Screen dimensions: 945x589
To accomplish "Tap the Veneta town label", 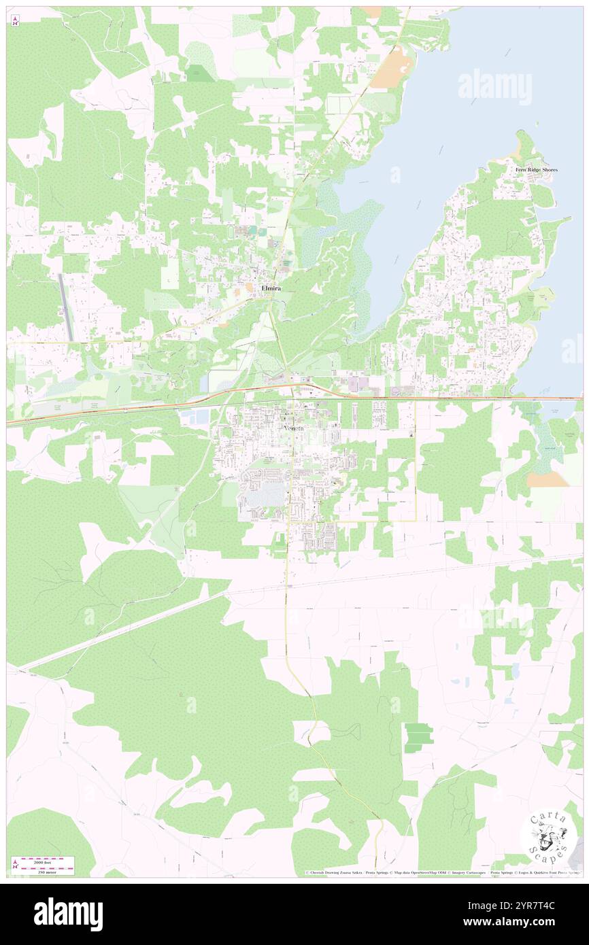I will (294, 428).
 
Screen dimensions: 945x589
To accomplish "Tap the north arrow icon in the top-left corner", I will (16, 20).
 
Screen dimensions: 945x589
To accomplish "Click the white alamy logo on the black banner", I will (68, 914).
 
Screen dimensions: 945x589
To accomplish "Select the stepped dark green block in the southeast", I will (418, 738).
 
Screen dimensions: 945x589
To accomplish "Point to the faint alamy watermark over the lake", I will (494, 87).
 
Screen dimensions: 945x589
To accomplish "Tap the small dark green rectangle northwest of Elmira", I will (199, 77).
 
